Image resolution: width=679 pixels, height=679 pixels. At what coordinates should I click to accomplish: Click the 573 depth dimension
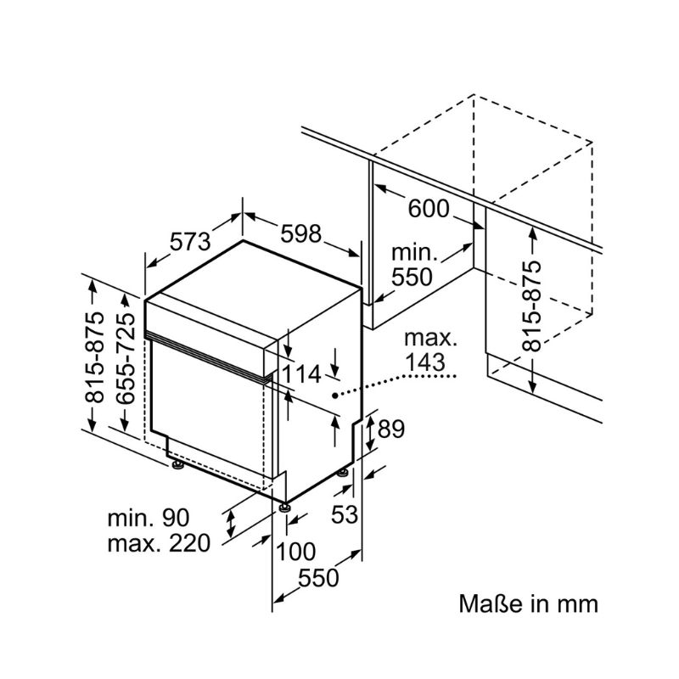click(189, 242)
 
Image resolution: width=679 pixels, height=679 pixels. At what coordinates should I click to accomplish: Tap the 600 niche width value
click(429, 209)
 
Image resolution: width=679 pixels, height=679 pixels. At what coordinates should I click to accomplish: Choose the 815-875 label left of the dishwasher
click(95, 356)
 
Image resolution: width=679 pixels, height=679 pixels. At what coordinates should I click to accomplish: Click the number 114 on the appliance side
click(302, 374)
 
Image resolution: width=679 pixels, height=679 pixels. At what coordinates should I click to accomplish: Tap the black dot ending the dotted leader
click(336, 395)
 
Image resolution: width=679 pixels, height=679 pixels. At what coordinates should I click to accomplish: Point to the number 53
click(345, 514)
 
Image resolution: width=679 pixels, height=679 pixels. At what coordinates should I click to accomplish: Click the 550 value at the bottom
click(317, 577)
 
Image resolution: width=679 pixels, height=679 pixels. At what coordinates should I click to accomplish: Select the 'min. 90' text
click(148, 518)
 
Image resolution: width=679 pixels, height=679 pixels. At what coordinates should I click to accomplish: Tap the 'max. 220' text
click(158, 544)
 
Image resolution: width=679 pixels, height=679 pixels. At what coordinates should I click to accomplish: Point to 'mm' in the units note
click(578, 605)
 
